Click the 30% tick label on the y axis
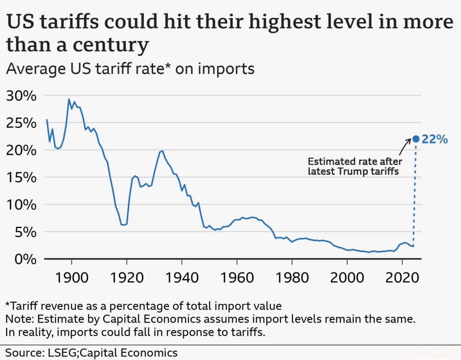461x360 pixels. pos(21,96)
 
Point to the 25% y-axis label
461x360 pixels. pos(21,123)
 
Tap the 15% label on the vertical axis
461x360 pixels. pos(21,177)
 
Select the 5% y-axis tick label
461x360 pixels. pos(25,232)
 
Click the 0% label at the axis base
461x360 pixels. pos(25,259)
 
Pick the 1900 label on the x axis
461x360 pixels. pos(72,278)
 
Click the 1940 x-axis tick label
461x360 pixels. pos(182,278)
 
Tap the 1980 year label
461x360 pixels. pos(292,278)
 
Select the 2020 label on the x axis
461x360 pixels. pos(402,278)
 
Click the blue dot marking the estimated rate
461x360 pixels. pos(416,139)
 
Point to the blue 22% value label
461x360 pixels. pos(435,139)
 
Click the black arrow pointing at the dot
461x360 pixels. pos(405,147)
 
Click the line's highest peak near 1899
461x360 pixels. pos(69,99)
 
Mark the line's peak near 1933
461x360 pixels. pos(162,151)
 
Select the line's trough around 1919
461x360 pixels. pos(124,225)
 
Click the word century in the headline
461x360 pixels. pos(111,45)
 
